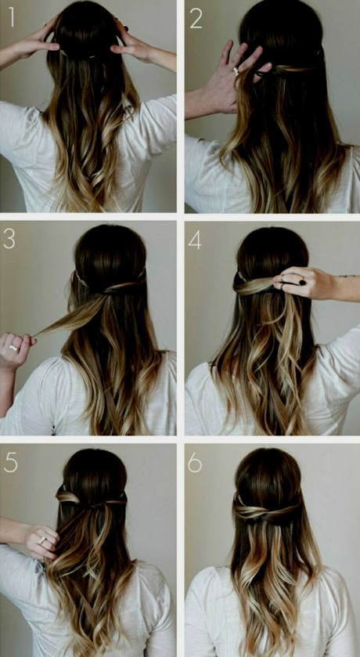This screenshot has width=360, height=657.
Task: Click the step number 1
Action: tap(12, 16)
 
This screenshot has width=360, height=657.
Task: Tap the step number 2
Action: tap(196, 19)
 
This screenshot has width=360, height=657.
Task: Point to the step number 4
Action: tap(195, 240)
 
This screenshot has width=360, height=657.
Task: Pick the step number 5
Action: tap(10, 463)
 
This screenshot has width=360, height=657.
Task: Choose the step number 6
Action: tap(195, 463)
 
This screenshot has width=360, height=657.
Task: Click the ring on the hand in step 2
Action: tap(236, 70)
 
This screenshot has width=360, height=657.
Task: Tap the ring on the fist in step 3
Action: tap(14, 348)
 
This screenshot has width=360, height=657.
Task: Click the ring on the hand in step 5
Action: tap(41, 540)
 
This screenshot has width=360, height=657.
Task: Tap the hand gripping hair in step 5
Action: tap(41, 540)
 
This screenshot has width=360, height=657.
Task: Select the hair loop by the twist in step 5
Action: tap(68, 497)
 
